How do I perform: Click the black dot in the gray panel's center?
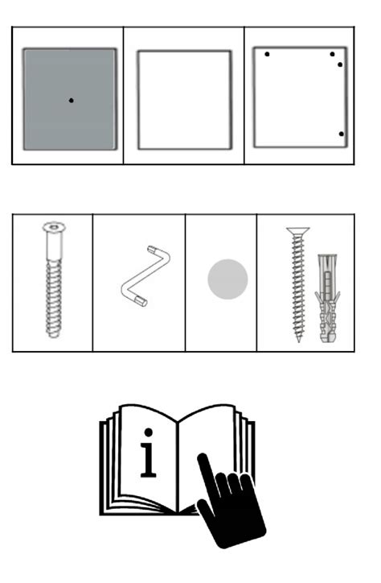coord(71,100)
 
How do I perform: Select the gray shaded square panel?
coord(48,121)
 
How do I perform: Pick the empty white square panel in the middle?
coord(184,100)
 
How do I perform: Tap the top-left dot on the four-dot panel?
coord(267,55)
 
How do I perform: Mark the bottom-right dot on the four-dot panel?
coord(341,134)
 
